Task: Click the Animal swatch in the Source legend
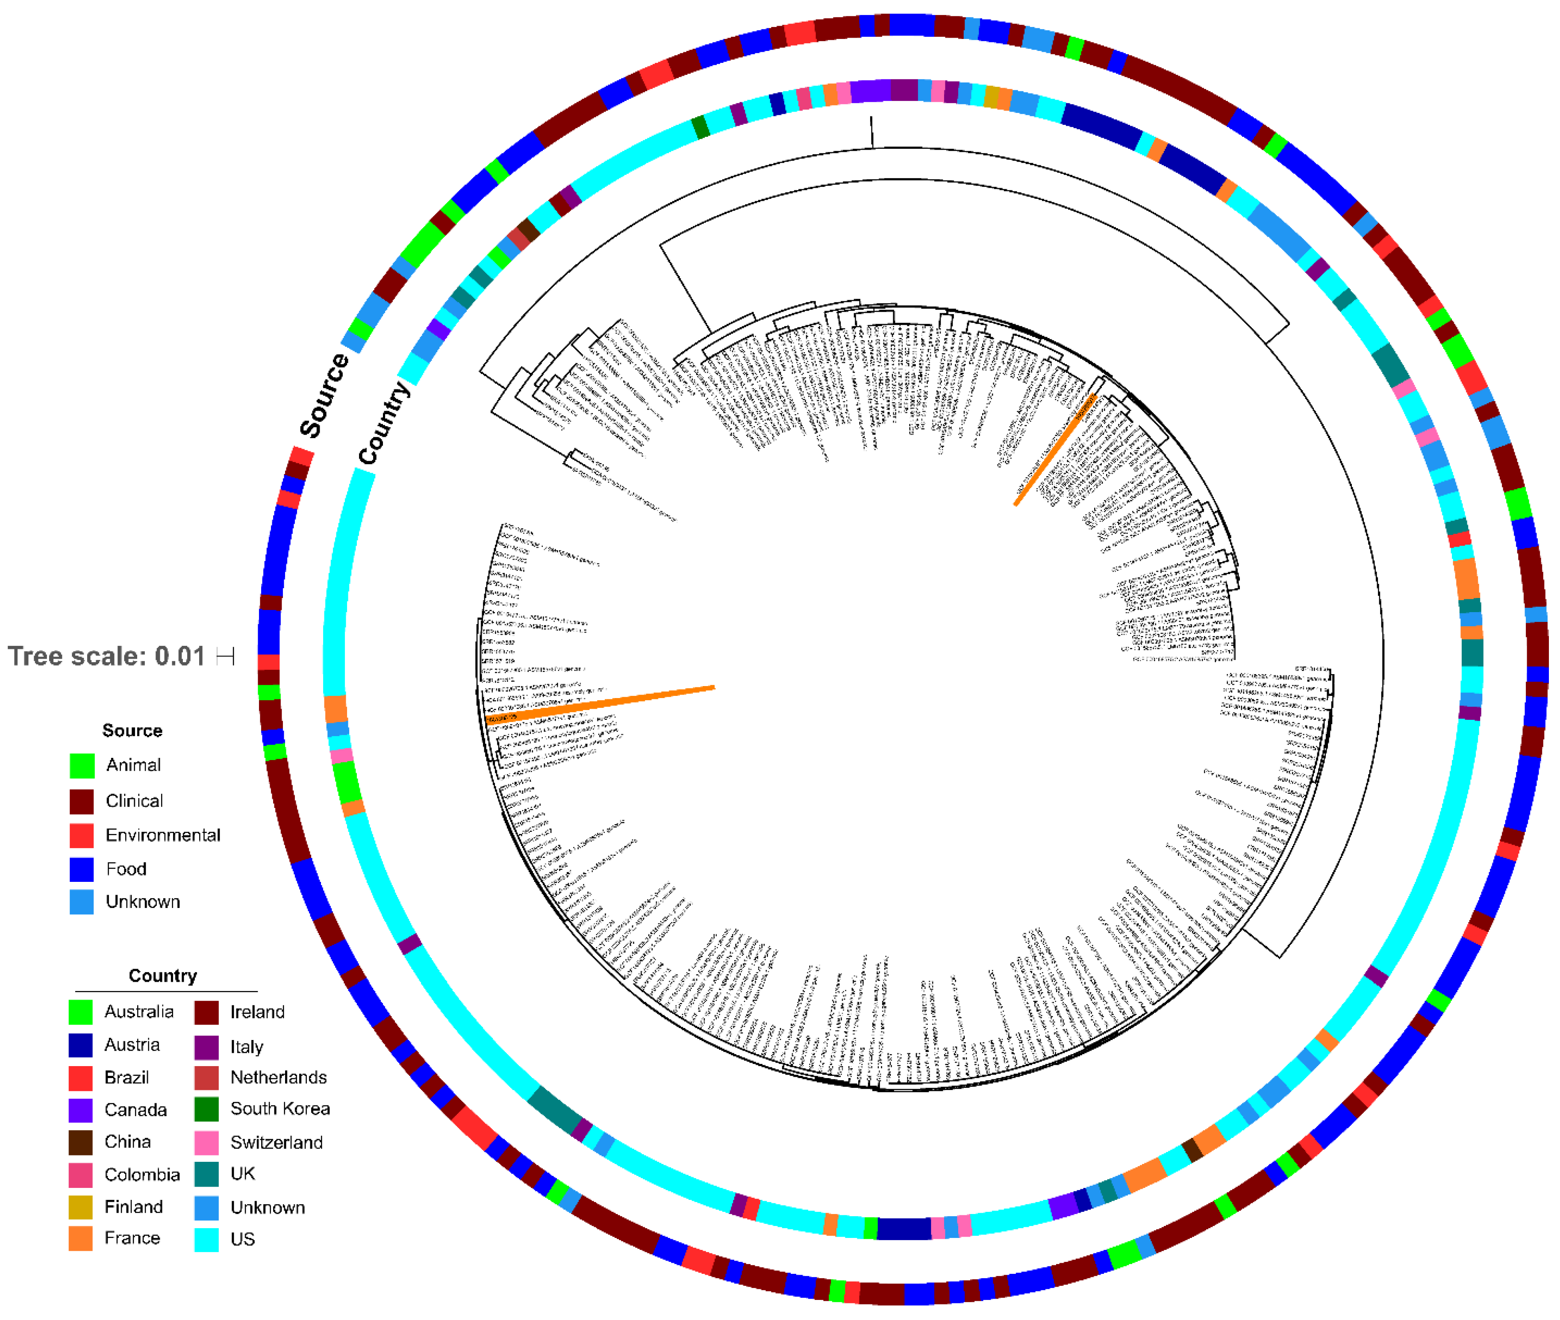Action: pyautogui.click(x=82, y=766)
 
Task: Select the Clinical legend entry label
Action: pyautogui.click(x=134, y=801)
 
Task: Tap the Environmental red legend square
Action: pyautogui.click(x=82, y=835)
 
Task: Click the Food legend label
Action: pyautogui.click(x=126, y=869)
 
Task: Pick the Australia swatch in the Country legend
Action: pyautogui.click(x=81, y=1012)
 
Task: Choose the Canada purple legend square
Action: pyautogui.click(x=81, y=1110)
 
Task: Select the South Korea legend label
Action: pyautogui.click(x=280, y=1108)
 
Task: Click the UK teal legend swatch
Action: pyautogui.click(x=206, y=1173)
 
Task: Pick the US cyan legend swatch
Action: pyautogui.click(x=206, y=1239)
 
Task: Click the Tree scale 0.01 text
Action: pyautogui.click(x=106, y=656)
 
